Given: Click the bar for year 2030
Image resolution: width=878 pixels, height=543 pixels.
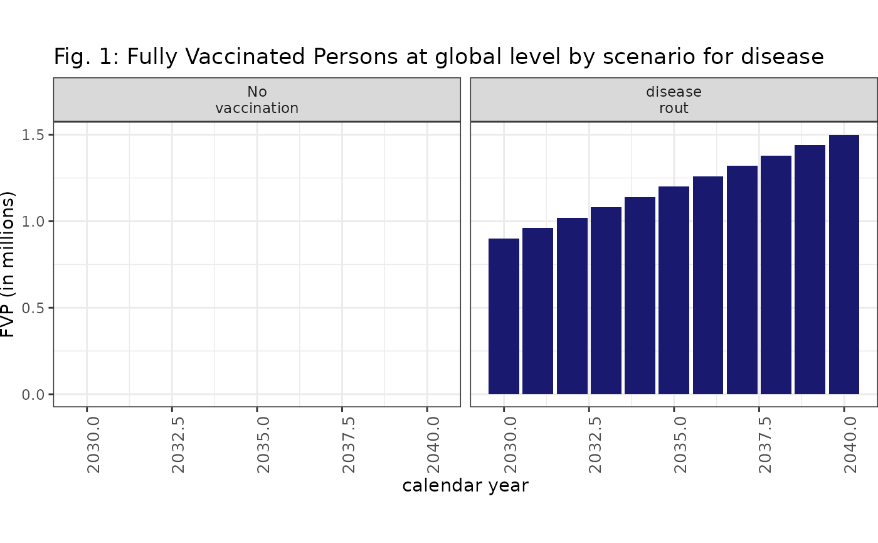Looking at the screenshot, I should click(x=504, y=316).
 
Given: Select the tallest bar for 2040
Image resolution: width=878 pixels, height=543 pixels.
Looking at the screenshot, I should click(x=844, y=264).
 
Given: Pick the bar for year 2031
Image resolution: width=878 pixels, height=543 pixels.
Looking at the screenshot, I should click(x=537, y=311).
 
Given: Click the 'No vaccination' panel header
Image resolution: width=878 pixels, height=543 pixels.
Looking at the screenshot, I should click(x=257, y=100).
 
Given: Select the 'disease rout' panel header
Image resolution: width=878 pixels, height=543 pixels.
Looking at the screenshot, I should click(x=674, y=100).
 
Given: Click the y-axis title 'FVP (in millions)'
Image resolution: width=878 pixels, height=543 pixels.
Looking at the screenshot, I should click(x=8, y=264).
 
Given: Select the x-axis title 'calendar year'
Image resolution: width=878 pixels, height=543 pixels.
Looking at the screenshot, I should click(x=465, y=486).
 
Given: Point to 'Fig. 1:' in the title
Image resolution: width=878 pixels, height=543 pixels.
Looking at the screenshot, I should click(x=87, y=57).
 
